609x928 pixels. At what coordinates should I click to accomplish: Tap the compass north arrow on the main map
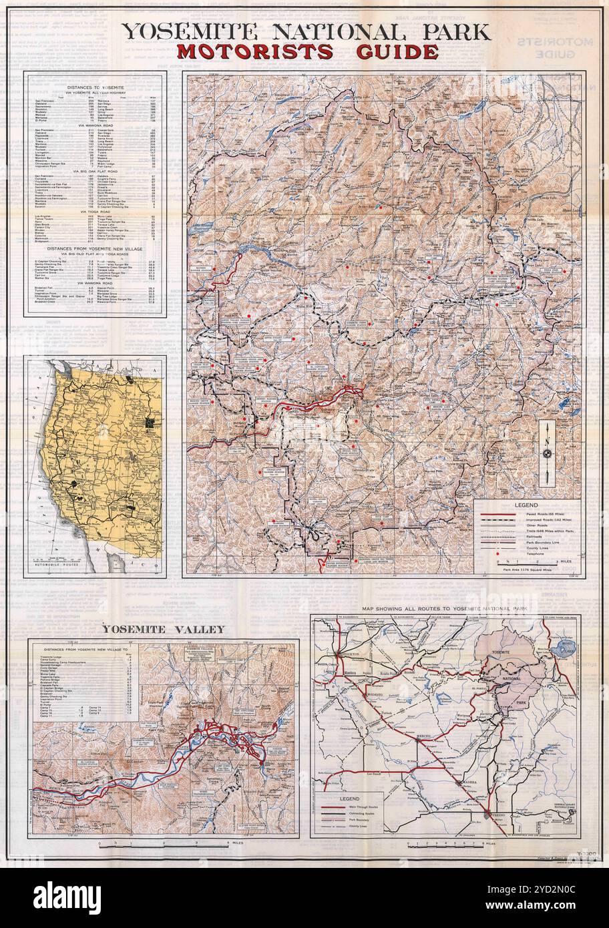[x=547, y=453]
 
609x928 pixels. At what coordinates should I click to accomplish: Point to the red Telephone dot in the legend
[x=500, y=553]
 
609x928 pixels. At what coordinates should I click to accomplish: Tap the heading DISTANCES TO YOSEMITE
[x=95, y=87]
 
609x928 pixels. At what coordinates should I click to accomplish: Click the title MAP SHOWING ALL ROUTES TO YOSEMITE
[x=441, y=610]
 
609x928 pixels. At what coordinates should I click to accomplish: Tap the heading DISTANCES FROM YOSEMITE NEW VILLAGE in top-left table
[x=95, y=248]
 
